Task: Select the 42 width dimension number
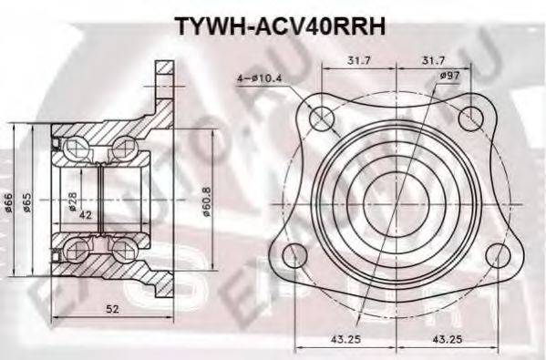(86, 216)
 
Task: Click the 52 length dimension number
(111, 310)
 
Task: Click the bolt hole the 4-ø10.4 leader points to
(322, 118)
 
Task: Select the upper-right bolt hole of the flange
(469, 117)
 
